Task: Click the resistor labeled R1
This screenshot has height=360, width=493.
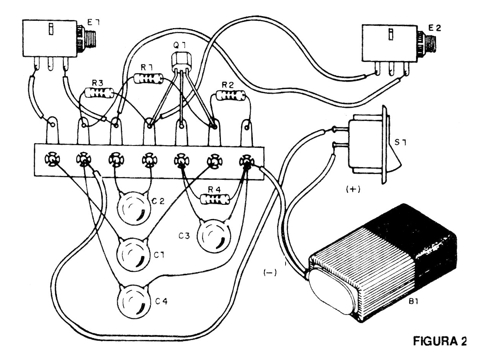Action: (148, 79)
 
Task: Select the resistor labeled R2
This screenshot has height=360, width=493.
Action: (231, 95)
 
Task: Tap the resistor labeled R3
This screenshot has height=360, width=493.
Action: (99, 93)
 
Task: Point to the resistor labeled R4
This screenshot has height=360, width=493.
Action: (215, 199)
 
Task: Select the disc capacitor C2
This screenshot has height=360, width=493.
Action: (134, 208)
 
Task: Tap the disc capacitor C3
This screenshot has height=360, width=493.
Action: (214, 236)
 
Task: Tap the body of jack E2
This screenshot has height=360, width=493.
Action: (389, 43)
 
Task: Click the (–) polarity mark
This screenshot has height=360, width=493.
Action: (270, 272)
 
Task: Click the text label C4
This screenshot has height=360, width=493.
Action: (161, 301)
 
